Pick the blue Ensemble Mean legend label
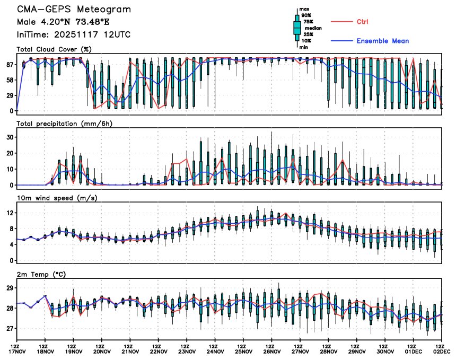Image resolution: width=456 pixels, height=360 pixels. coord(382,41)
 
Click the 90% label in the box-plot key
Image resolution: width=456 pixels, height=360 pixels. coord(306,15)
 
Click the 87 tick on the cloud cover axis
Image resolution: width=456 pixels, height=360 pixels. coord(9,64)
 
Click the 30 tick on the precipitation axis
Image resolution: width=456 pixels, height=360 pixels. coord(9,137)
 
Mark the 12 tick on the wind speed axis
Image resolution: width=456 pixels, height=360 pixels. coord(9,213)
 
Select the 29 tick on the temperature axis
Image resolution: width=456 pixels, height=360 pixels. coord(9,288)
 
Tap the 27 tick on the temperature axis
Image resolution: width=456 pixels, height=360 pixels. coord(9,329)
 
